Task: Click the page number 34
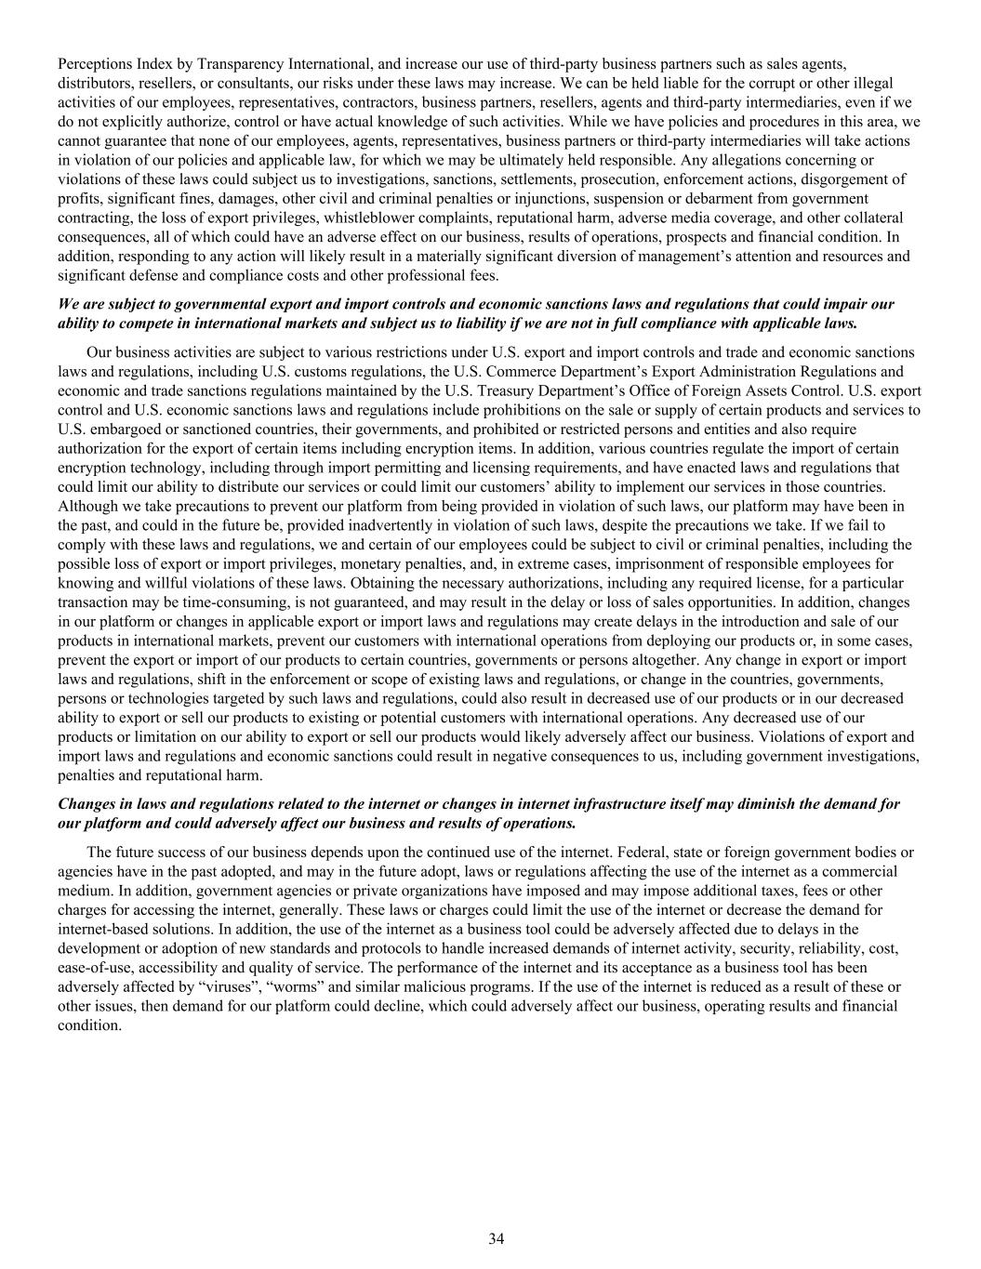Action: click(x=496, y=1238)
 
